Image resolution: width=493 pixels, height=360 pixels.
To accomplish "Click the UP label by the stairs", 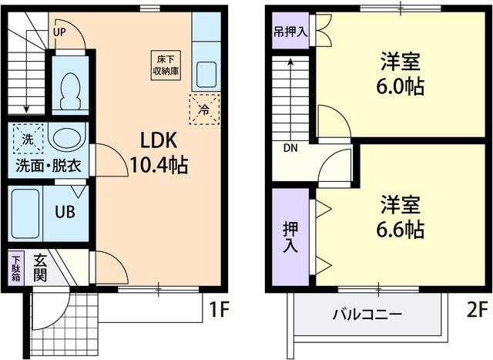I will (59, 32).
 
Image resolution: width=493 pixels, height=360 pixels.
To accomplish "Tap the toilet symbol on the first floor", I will (70, 92).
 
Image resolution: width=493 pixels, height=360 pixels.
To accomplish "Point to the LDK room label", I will (159, 140).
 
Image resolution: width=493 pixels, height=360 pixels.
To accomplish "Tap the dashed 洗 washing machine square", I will (28, 140).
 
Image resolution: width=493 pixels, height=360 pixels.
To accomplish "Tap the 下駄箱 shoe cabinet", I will (17, 271).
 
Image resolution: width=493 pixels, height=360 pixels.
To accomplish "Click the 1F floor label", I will (220, 311).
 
